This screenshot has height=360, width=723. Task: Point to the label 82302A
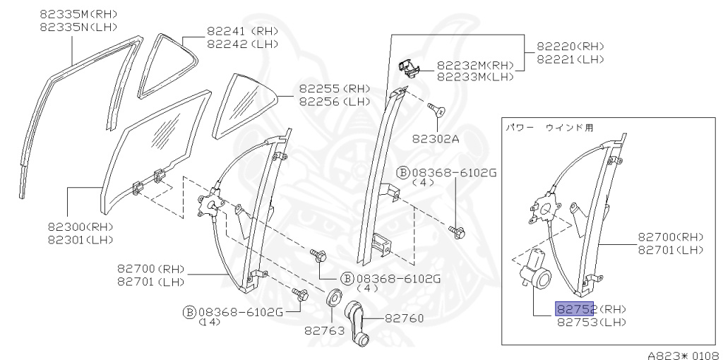[436, 138]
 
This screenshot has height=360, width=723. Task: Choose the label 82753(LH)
[592, 323]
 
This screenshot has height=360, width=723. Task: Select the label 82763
[324, 329]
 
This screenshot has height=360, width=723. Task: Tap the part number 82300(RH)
[80, 227]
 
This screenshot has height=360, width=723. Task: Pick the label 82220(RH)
[570, 47]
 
